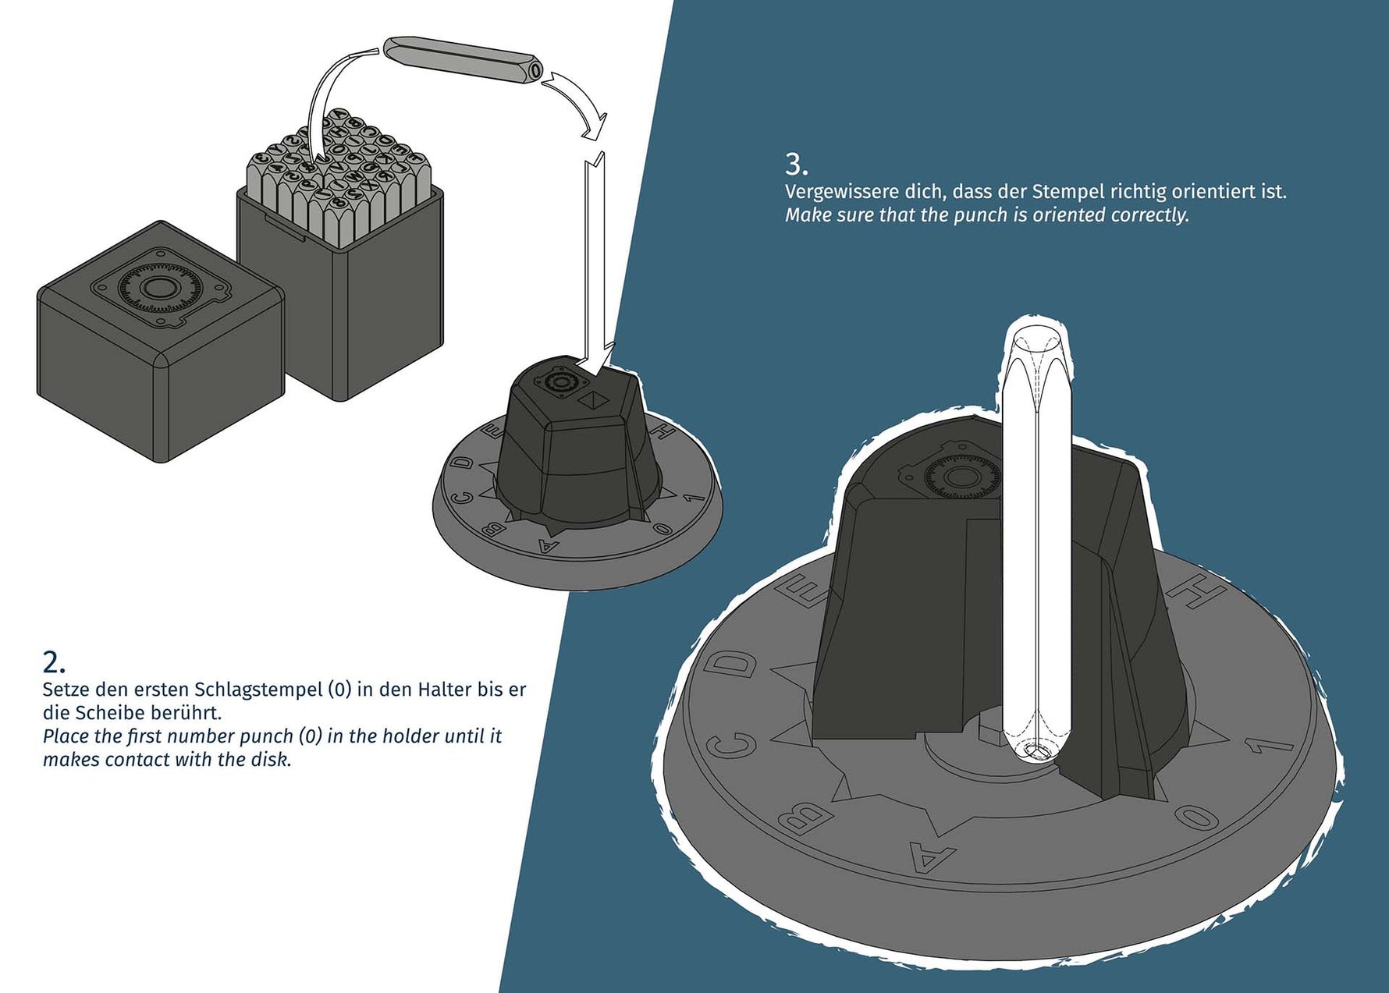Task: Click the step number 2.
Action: [54, 662]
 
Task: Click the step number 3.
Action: [796, 165]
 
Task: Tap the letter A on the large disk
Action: [932, 856]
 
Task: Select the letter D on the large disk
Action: [732, 665]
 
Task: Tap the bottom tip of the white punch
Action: [1037, 755]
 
